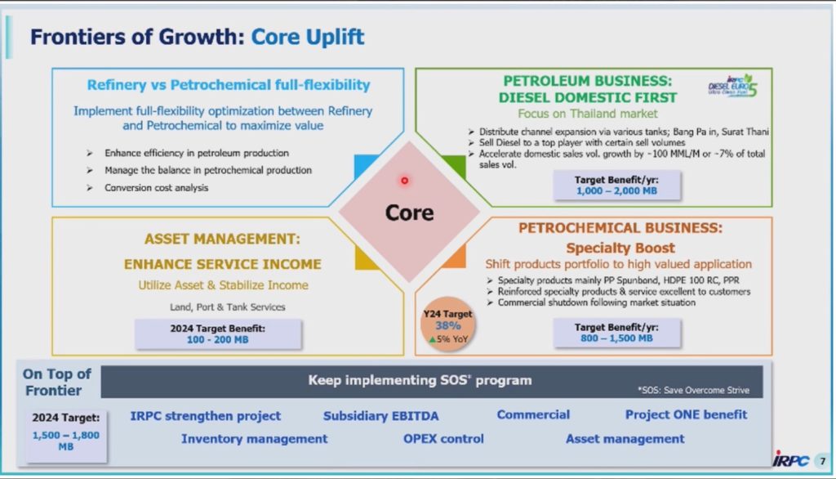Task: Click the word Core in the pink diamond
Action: [410, 213]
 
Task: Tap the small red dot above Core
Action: [405, 181]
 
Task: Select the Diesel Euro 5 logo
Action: [732, 86]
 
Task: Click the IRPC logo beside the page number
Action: [791, 459]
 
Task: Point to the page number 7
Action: [823, 461]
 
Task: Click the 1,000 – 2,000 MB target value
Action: [616, 190]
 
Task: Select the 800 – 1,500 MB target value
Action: [616, 338]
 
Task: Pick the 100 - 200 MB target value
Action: [217, 339]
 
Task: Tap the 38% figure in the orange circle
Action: [448, 326]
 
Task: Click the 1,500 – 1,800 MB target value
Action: [65, 441]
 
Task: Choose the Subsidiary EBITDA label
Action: [380, 416]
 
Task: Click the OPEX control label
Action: [443, 439]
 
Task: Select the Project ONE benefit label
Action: [686, 415]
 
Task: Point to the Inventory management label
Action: [255, 439]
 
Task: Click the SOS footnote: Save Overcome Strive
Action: [693, 391]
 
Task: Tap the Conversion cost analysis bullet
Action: [156, 188]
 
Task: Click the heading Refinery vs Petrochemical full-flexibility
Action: [229, 85]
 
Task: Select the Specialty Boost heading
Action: [620, 248]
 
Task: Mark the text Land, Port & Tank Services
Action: [228, 307]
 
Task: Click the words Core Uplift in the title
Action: [308, 37]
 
